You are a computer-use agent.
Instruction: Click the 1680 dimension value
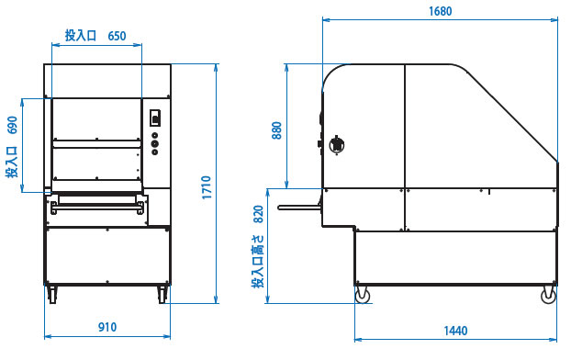pos(440,11)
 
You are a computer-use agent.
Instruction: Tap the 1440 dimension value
pos(455,331)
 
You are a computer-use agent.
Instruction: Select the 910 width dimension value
pos(107,327)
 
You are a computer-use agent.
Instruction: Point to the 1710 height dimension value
pos(207,187)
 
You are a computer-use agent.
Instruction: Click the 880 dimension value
pos(276,130)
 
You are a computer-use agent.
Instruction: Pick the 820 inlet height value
pos(258,214)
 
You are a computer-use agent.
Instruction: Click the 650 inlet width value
pos(117,36)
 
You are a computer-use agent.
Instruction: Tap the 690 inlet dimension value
pos(12,125)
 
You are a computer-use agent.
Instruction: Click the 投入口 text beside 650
pos(81,36)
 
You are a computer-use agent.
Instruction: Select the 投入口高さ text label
pos(258,261)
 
